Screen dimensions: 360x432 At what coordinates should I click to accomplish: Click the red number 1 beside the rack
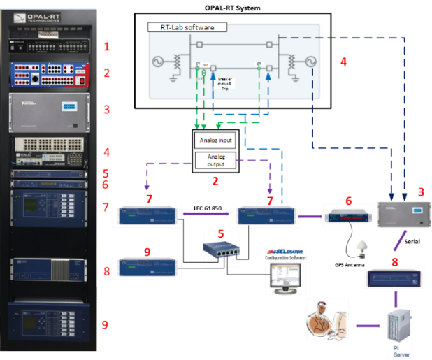point(107,47)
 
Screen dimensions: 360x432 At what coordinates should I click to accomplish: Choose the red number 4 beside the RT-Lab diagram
point(343,62)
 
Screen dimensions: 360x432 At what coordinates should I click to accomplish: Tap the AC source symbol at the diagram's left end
point(159,63)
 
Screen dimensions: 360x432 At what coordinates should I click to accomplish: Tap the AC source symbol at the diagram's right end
point(308,63)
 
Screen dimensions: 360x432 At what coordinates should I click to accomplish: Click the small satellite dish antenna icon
point(362,249)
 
